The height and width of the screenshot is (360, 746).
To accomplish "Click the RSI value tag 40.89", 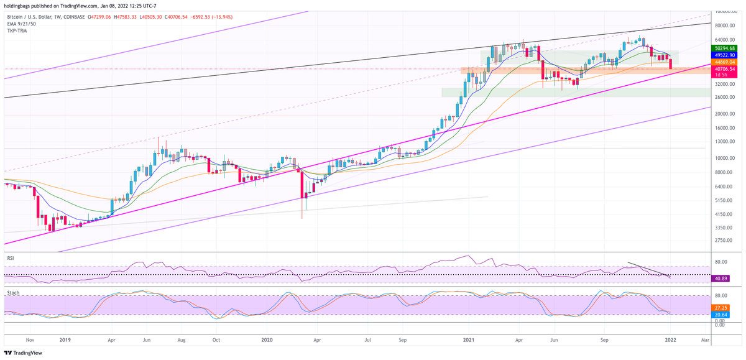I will point(721,278).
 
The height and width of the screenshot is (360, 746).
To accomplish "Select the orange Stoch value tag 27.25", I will point(721,307).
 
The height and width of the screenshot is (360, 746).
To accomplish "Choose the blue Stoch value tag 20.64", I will point(721,315).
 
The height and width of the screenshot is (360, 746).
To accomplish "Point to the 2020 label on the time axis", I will point(267,341).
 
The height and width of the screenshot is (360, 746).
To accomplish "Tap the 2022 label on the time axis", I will point(670,341).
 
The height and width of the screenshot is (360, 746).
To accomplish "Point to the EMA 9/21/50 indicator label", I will point(21,24).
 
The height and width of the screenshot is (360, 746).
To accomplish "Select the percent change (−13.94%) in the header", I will point(220,17).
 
